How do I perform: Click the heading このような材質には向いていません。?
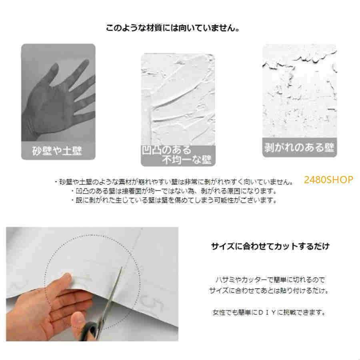[x=172, y=29]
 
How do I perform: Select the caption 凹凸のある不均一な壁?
[x=178, y=155]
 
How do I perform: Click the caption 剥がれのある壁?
[x=299, y=147]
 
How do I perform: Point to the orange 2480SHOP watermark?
[x=328, y=180]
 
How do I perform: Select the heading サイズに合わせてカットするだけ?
[x=270, y=246]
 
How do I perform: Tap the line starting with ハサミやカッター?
[x=270, y=279]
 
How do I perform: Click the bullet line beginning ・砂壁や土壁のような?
[x=173, y=181]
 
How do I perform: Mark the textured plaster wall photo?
[x=178, y=100]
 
